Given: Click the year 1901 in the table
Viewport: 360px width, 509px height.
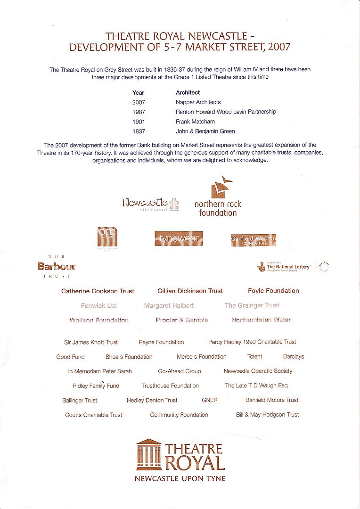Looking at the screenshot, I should pos(139,122).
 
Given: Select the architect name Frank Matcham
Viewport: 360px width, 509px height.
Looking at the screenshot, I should pos(195,122).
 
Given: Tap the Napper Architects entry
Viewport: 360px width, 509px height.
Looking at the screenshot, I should pos(198,102).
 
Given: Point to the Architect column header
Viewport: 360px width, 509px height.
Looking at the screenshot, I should pos(188,92).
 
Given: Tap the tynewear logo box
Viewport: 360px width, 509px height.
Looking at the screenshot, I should pos(179,238).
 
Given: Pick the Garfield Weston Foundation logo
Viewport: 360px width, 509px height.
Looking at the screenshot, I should pos(254,240).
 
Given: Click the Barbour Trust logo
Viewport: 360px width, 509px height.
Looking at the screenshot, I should pos(57,266).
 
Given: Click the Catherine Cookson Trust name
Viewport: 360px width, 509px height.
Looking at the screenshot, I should pos(98,291).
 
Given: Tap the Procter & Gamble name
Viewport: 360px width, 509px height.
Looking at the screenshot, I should pos(181,320).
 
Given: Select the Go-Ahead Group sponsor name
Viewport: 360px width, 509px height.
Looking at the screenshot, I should pos(179,371).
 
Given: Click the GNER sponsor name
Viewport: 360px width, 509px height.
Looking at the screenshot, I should pos(210,400).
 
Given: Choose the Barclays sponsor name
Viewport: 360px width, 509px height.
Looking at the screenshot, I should pos(294,357).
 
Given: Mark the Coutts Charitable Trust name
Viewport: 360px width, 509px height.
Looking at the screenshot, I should pos(93,415).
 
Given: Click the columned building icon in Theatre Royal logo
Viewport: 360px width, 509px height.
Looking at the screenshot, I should pos(149,455).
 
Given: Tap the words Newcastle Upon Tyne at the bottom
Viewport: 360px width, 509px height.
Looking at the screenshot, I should pos(180,479).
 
